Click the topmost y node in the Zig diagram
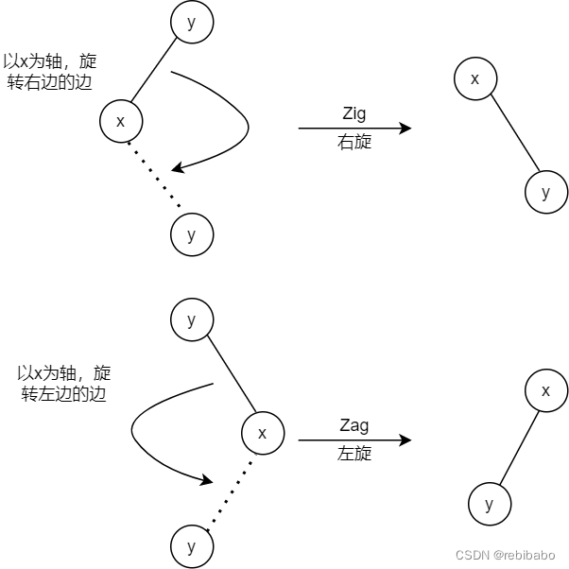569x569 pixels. [x=192, y=23]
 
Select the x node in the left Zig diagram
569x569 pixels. [x=120, y=121]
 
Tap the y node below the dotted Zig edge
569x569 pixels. [x=192, y=234]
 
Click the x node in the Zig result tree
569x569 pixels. [x=474, y=78]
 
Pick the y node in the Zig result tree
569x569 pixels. [x=545, y=192]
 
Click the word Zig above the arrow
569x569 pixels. [x=353, y=113]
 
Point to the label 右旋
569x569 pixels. [x=354, y=143]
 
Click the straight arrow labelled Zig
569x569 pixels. [x=354, y=129]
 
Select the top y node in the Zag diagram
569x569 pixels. [x=192, y=319]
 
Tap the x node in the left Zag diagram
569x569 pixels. [x=263, y=433]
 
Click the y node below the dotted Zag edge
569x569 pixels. [x=192, y=546]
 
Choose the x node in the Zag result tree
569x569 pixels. [x=545, y=390]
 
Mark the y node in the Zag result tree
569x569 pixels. [x=489, y=504]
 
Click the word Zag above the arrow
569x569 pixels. [x=353, y=425]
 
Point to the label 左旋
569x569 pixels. [x=354, y=455]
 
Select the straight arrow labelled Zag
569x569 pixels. [x=354, y=440]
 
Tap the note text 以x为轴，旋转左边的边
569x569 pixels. [x=64, y=383]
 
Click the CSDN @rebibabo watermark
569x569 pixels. [x=505, y=556]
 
